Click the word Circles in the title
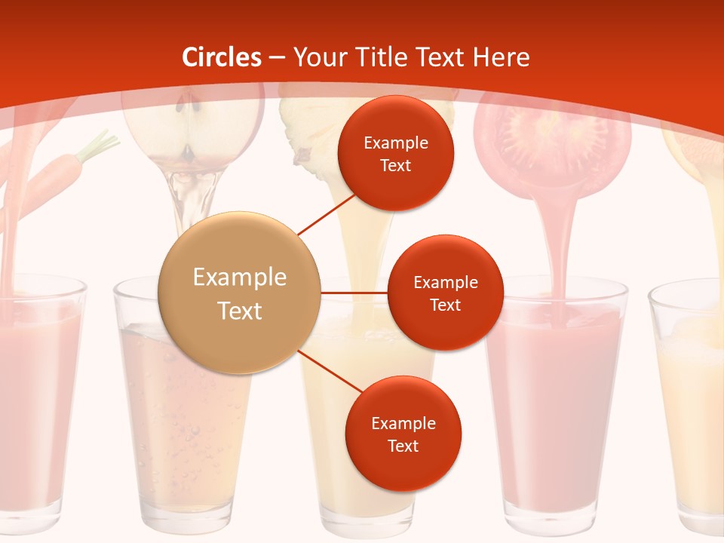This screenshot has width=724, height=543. point(222,57)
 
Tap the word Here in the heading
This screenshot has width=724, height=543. point(501,57)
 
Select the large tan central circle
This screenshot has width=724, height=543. point(240,293)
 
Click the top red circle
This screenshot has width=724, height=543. point(396,153)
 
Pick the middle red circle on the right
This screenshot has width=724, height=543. point(445,293)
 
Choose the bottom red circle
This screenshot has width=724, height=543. point(403,434)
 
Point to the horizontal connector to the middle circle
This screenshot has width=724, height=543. point(354,293)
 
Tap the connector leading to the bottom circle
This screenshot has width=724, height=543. point(328,370)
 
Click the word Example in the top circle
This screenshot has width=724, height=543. point(396,143)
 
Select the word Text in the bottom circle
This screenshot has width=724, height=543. point(403,446)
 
